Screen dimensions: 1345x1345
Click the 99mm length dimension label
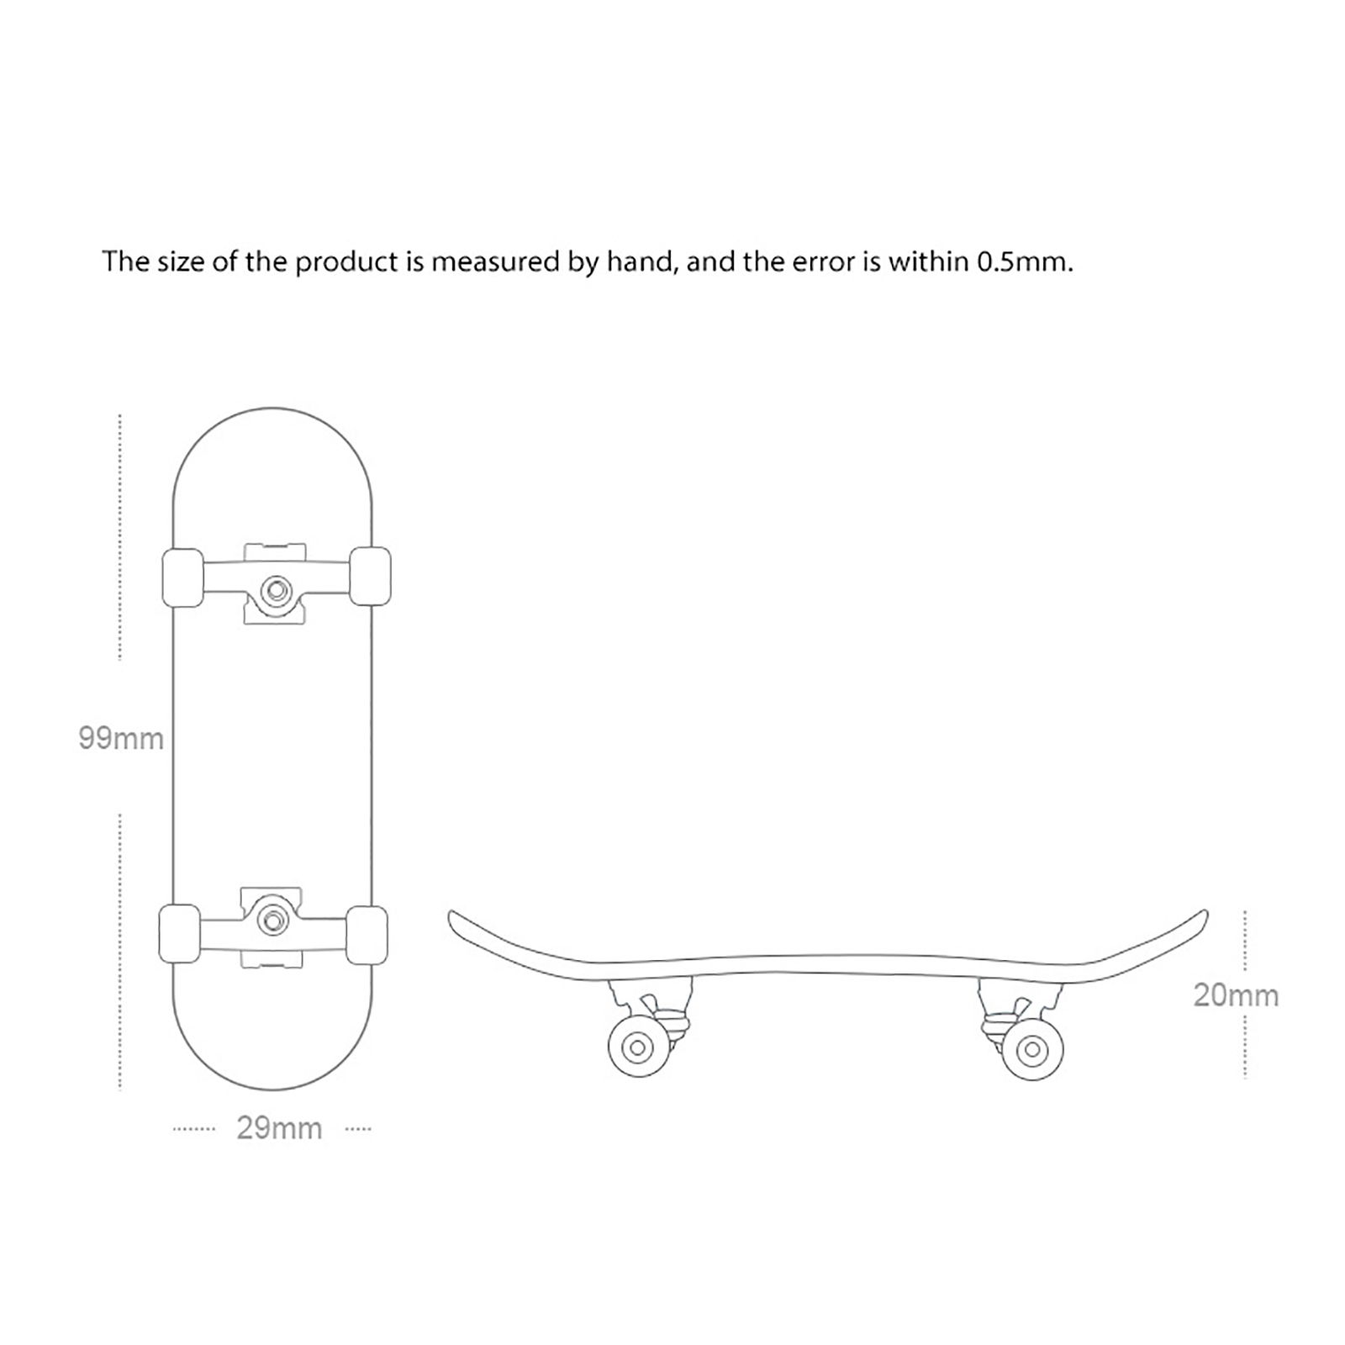coord(121,738)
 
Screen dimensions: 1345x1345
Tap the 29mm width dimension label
coord(279,1128)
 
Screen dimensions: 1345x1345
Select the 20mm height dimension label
coord(1236,995)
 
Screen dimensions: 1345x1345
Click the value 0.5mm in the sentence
coord(1024,262)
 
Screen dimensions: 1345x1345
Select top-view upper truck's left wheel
coord(182,578)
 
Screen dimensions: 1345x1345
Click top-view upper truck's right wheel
coord(370,576)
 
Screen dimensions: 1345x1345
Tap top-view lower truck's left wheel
coord(180,933)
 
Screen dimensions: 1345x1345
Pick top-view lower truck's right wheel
coord(367,935)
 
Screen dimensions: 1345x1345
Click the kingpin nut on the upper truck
coord(275,591)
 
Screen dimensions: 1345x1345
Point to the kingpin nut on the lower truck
coord(272,920)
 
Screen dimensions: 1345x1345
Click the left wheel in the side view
coord(638,1047)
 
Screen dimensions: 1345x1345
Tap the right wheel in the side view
coord(1032,1049)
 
